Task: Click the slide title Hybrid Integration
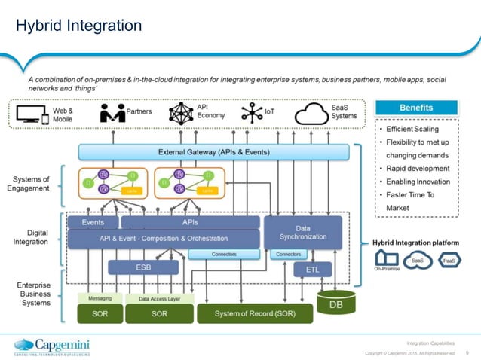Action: pos(78,26)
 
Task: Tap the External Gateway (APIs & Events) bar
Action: pos(214,152)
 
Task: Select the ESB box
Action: pos(143,267)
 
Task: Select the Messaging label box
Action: pos(100,298)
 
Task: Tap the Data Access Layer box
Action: pos(159,298)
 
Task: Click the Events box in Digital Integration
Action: pos(93,223)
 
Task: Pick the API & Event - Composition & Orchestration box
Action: pos(163,239)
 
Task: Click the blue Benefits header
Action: pos(416,108)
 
